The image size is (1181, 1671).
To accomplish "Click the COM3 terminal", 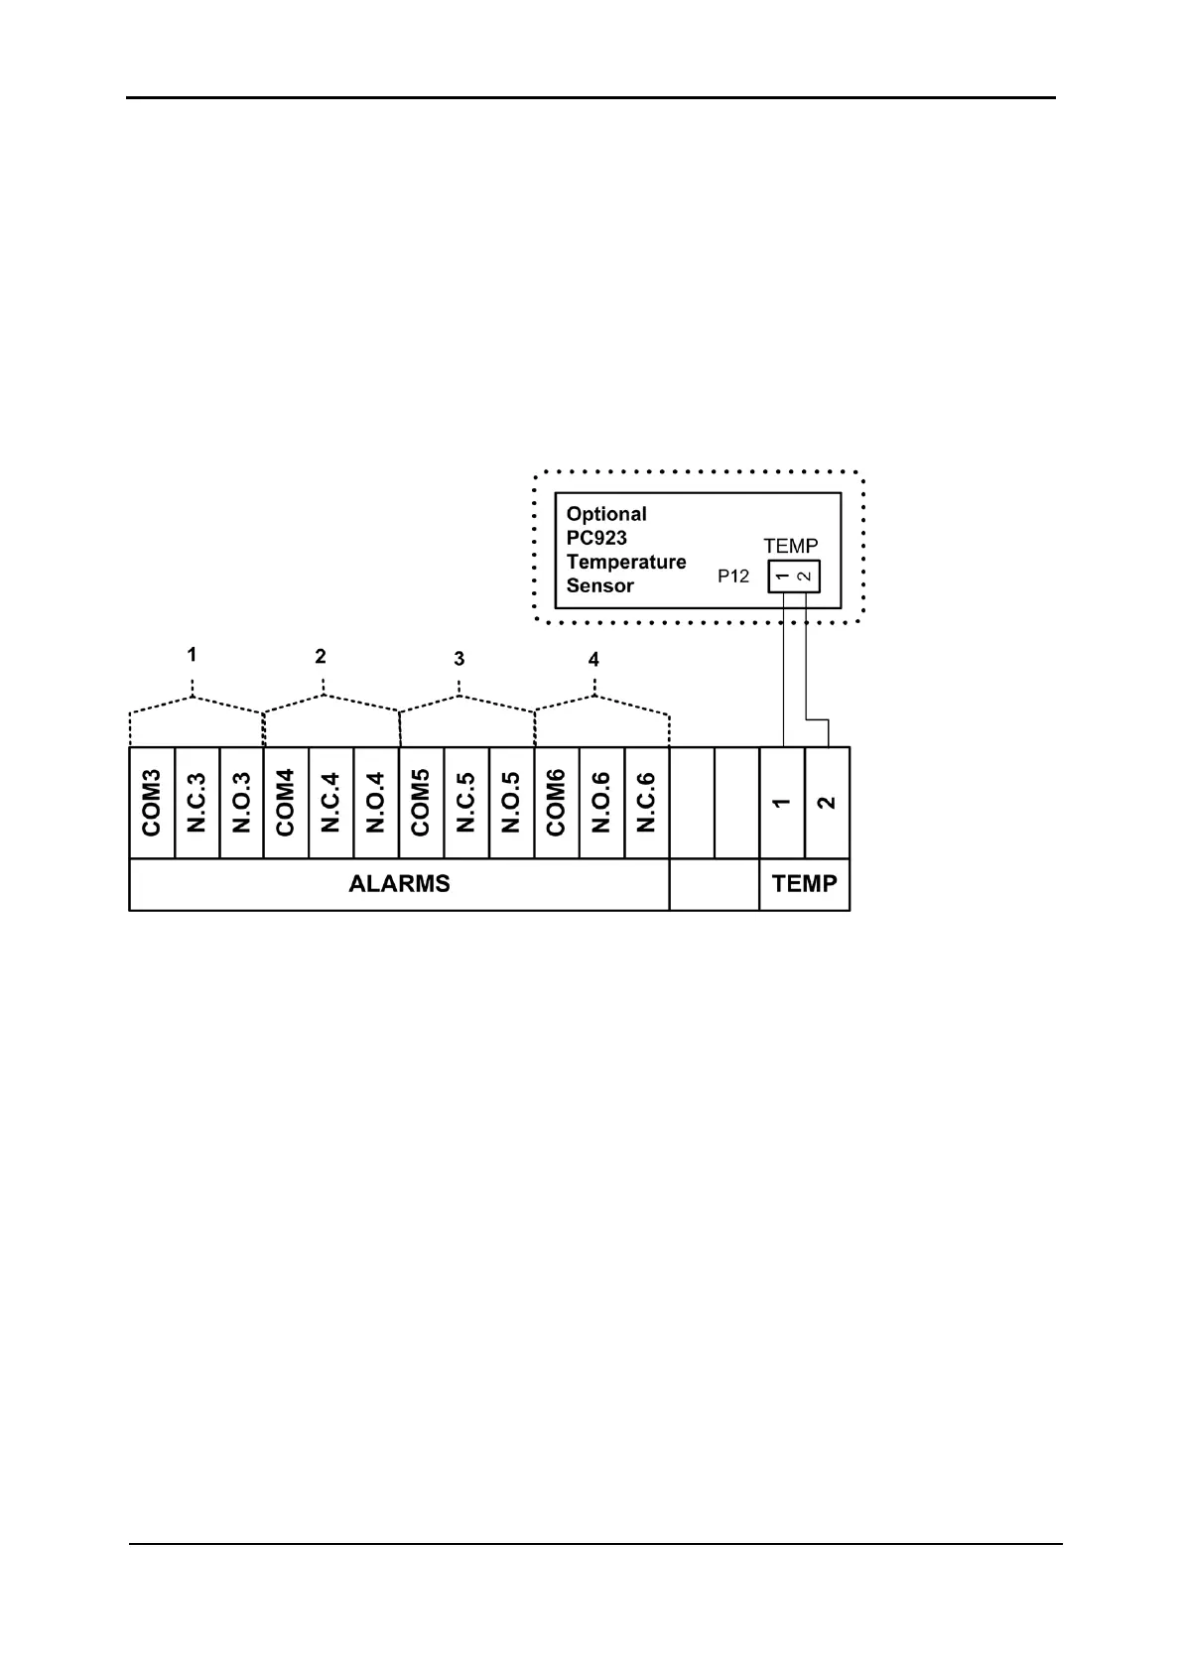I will point(152,802).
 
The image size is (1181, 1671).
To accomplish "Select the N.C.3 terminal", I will point(197,802).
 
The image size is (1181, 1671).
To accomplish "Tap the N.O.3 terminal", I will point(241,802).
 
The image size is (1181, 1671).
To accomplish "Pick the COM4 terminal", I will point(286,802).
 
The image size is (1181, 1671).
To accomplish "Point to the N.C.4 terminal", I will point(331,802).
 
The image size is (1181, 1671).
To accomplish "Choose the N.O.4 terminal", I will point(376,802).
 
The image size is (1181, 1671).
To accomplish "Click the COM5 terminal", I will point(421,802).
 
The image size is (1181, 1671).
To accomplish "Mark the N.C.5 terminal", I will point(466,802).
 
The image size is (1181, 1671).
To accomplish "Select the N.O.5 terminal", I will point(511,802).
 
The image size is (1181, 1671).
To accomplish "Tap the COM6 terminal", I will point(556,802).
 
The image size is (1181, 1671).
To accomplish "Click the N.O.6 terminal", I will point(601,802).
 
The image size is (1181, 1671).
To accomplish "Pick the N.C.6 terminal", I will point(646,802).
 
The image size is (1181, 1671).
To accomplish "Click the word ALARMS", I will point(399,883).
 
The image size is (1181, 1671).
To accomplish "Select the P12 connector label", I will point(733,576).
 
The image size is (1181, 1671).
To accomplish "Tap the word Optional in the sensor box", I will point(606,514).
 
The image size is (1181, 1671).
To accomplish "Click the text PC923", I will point(596,538).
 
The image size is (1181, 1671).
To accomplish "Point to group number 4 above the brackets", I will point(593,660).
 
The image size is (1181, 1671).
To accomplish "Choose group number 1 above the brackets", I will point(192,655).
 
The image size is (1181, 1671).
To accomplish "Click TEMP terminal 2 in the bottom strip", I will point(827,802).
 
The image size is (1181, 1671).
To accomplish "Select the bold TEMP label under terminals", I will point(804,883).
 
